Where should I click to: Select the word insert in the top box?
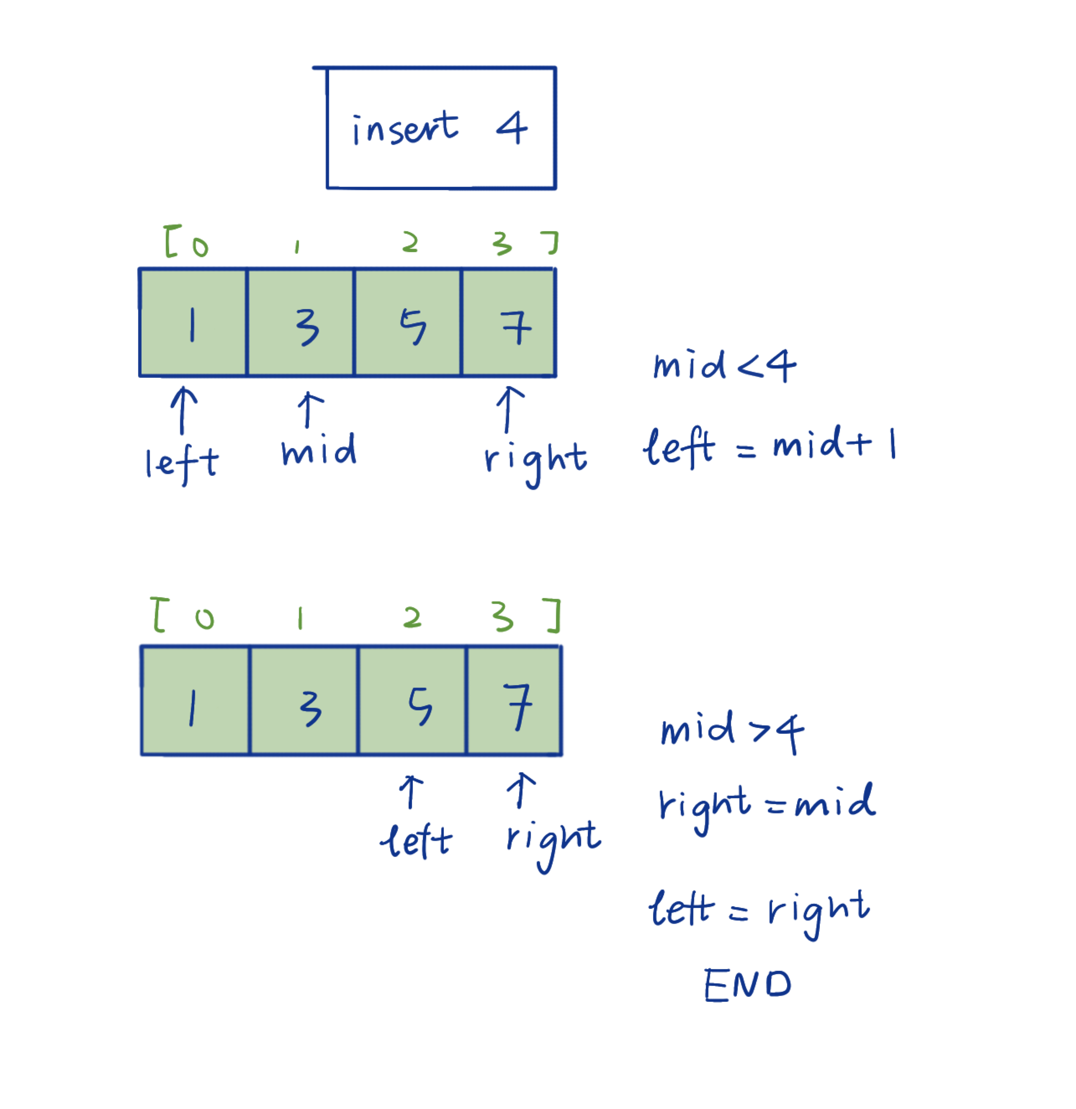(405, 129)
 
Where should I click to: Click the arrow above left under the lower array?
(411, 792)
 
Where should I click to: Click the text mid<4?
(725, 366)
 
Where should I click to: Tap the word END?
(747, 985)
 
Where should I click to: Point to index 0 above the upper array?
(200, 246)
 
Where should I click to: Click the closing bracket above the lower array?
(554, 616)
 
